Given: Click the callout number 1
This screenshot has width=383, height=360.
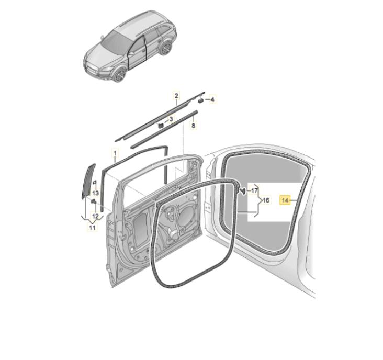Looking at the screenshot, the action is click(x=115, y=153).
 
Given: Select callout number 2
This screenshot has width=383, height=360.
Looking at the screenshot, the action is click(x=176, y=96).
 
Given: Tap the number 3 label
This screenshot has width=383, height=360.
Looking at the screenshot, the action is click(x=171, y=119).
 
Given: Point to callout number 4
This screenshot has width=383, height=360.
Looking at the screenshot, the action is click(x=212, y=99).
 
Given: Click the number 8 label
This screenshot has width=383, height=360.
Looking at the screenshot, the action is click(x=193, y=126).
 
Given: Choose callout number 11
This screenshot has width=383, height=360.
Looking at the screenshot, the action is click(x=92, y=228).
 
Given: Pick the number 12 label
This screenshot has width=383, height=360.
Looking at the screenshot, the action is click(x=95, y=216).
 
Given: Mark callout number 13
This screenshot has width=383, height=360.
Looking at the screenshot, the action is click(x=95, y=193).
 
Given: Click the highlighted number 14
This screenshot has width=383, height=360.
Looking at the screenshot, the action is click(x=285, y=200).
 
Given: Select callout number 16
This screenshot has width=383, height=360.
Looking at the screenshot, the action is click(x=266, y=200).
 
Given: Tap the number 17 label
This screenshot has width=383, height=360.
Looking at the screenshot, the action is click(x=254, y=190).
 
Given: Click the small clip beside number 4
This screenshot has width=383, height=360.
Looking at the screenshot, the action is click(x=200, y=100).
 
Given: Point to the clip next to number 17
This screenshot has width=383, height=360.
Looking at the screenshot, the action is click(x=243, y=191).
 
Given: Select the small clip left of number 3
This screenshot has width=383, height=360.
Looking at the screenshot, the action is click(x=161, y=126).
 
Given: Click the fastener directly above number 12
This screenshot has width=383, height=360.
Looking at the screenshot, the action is click(x=94, y=201).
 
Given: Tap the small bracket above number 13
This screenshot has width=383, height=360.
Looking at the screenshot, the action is click(x=95, y=182).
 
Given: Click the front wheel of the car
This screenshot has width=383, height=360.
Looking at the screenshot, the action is click(x=120, y=75).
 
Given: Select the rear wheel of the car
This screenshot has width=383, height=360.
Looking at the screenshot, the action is click(x=166, y=48).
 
